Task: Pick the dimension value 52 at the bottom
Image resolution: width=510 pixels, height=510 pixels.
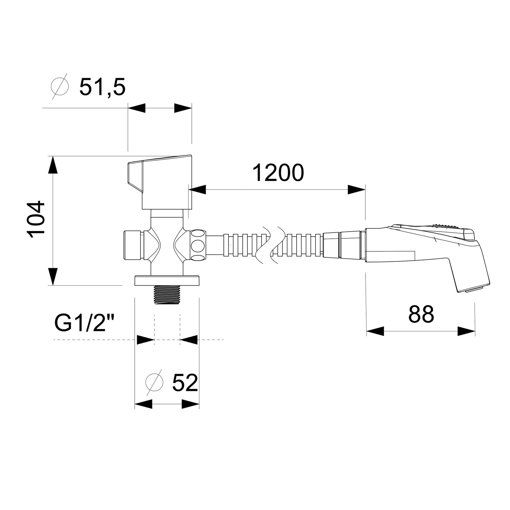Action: coord(185,383)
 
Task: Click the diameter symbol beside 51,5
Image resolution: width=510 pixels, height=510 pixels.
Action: coord(60,87)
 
